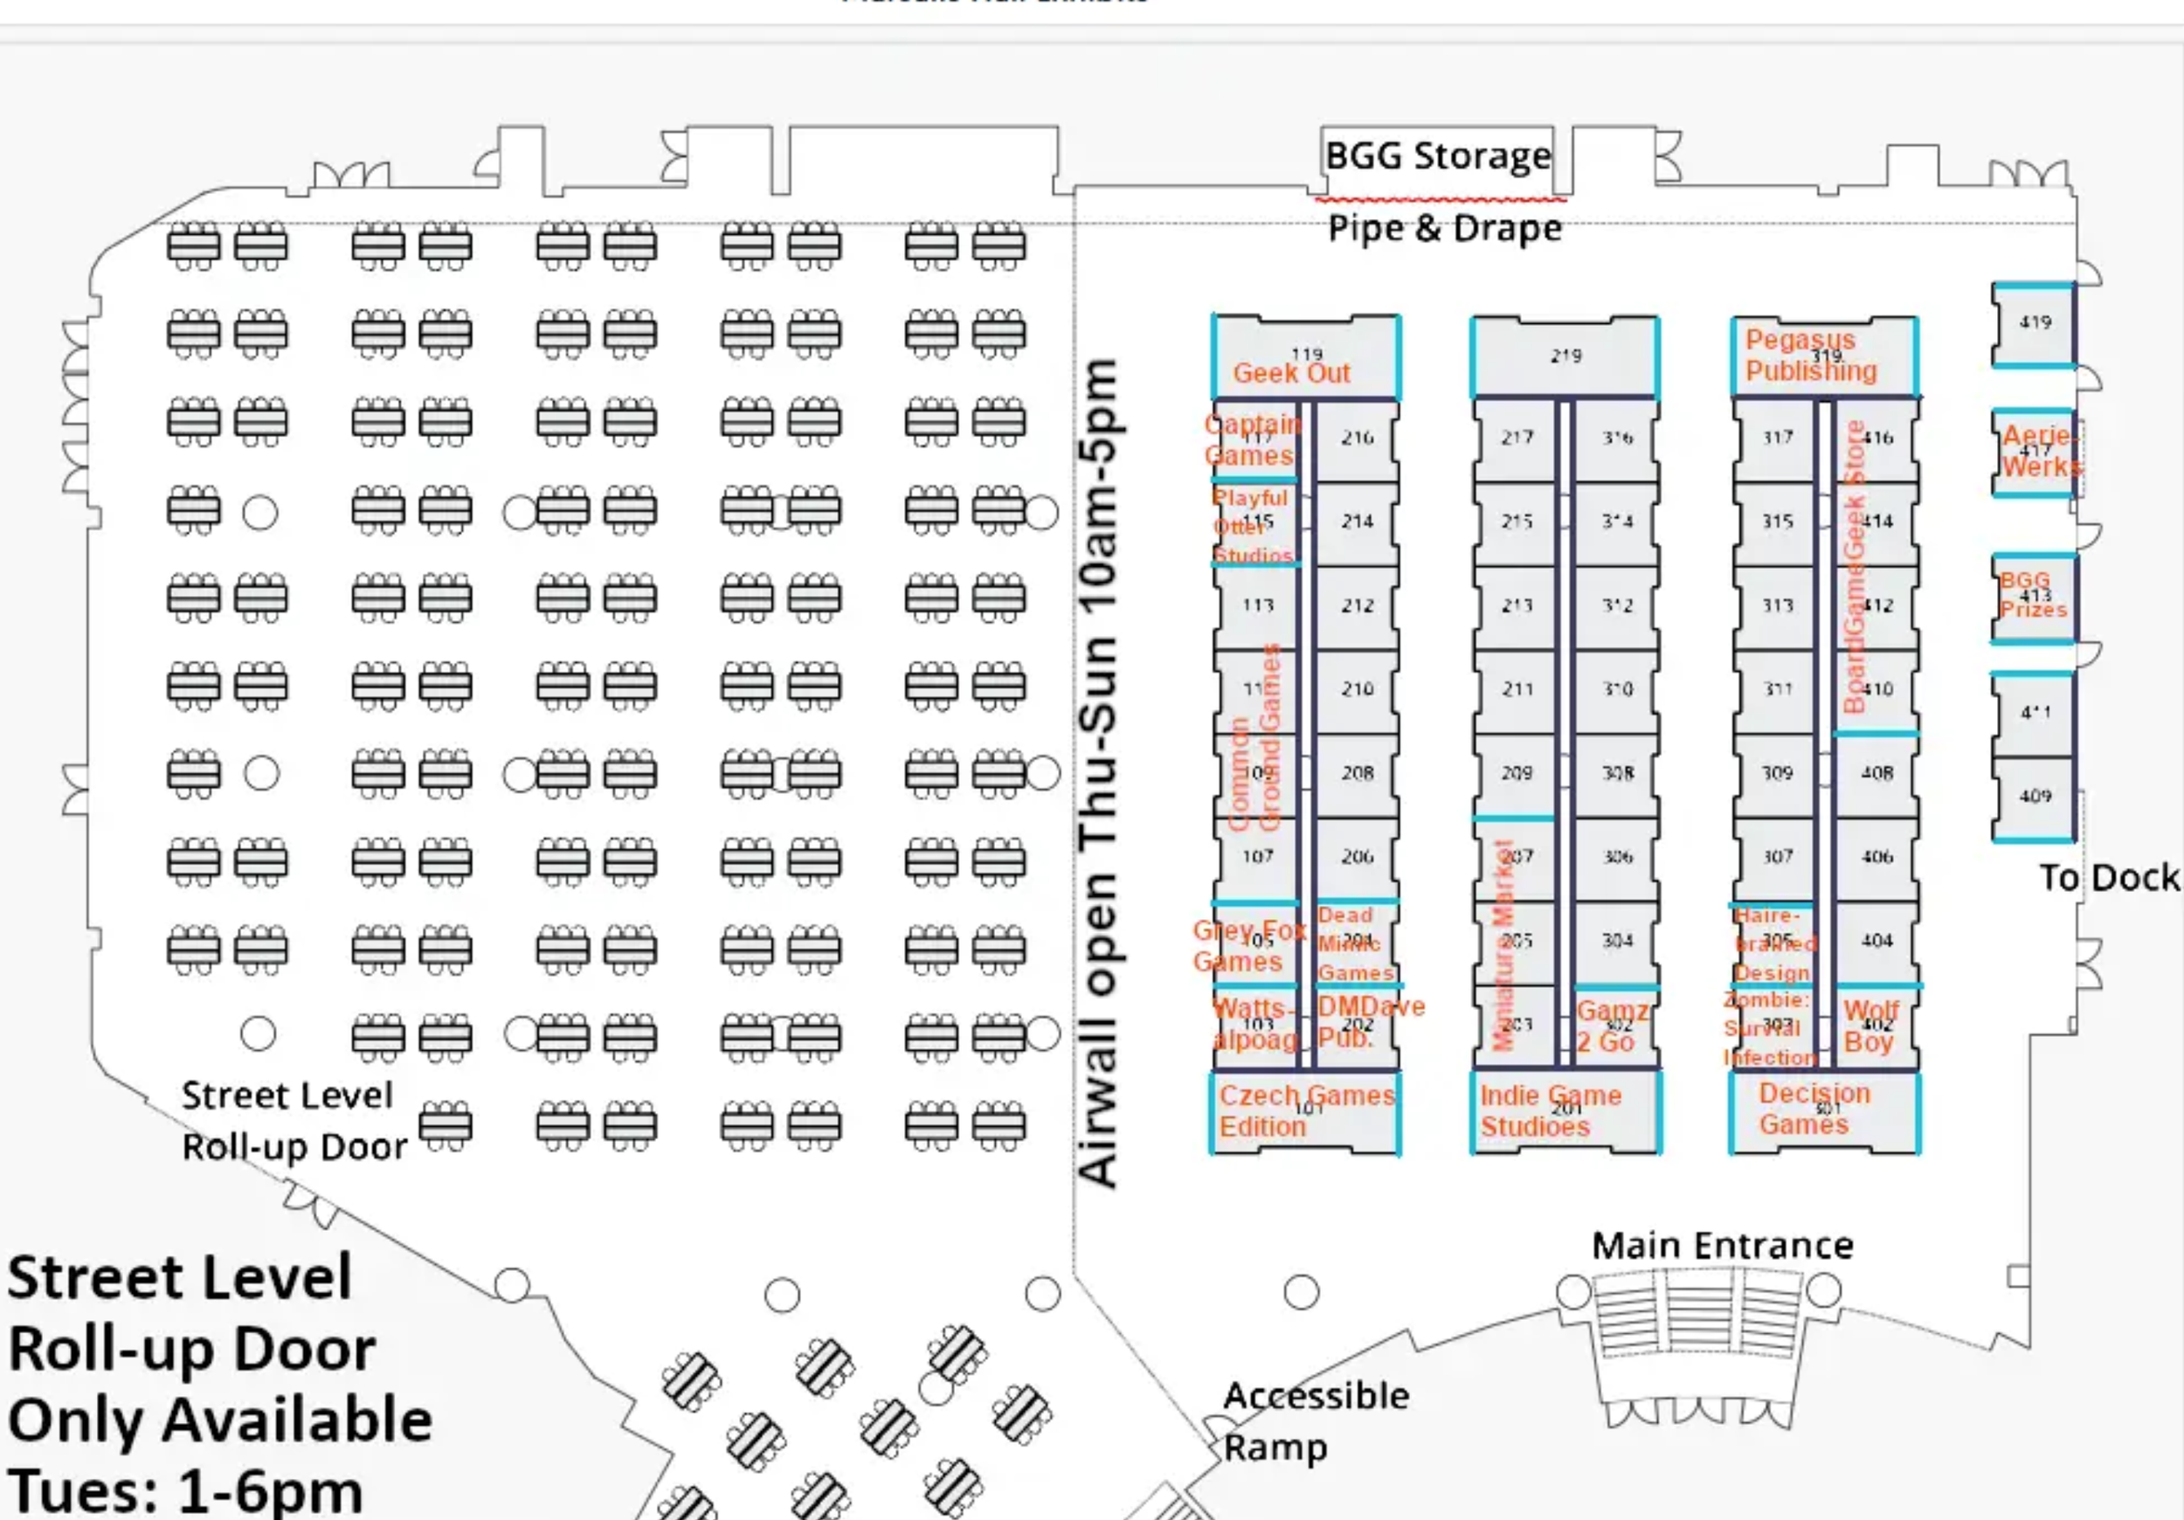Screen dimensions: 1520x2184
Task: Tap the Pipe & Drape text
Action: tap(1444, 228)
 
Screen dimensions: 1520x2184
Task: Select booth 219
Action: tap(1565, 356)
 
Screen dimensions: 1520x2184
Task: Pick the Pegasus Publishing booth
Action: tap(1823, 356)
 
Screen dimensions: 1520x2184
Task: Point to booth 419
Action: tap(2034, 323)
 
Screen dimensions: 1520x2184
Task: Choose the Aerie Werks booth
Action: tap(2034, 452)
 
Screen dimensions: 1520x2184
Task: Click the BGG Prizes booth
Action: tap(2034, 598)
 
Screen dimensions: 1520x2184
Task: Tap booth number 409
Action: tap(2034, 797)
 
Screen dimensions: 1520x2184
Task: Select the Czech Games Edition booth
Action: tap(1305, 1111)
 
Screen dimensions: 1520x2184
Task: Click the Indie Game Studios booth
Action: tap(1565, 1111)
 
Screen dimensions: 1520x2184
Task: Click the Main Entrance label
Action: tap(1723, 1246)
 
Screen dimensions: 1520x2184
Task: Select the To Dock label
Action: tap(2108, 878)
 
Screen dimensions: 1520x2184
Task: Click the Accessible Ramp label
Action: tap(1315, 1421)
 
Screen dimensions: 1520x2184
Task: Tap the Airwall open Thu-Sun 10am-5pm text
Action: tap(1100, 772)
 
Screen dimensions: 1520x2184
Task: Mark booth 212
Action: tap(1357, 606)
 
